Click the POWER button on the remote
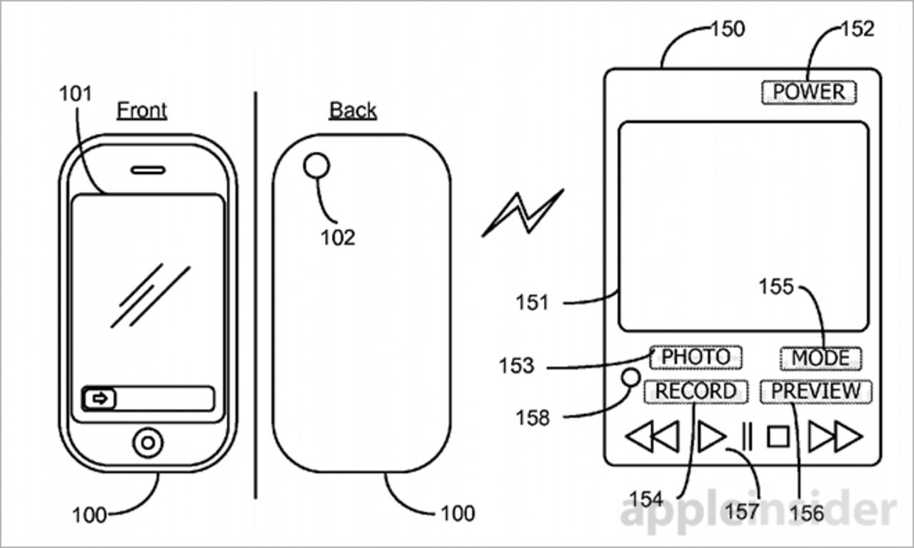click(x=808, y=92)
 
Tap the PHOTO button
click(x=695, y=357)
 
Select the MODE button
click(x=820, y=357)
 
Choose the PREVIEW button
click(x=815, y=392)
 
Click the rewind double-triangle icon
click(x=652, y=436)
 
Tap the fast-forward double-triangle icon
click(x=835, y=436)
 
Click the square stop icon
click(x=778, y=436)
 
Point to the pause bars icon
click(x=747, y=436)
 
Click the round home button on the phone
click(x=148, y=442)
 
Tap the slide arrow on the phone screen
click(x=100, y=399)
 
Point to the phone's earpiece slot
click(x=148, y=171)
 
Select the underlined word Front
click(x=142, y=111)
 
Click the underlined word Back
click(x=353, y=111)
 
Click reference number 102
click(x=337, y=237)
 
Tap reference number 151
click(x=532, y=303)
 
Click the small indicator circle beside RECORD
click(x=631, y=377)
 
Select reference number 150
click(x=727, y=29)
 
